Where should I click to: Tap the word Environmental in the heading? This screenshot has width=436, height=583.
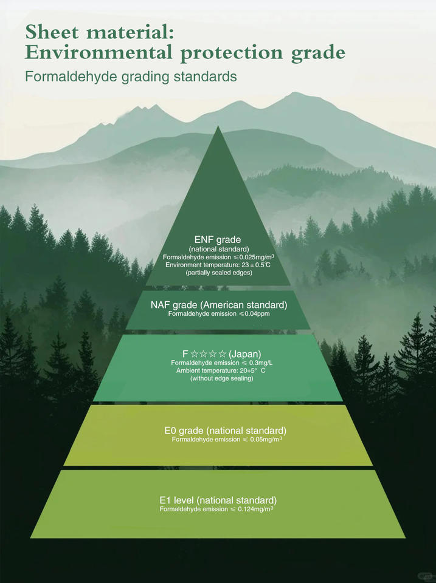click(x=99, y=52)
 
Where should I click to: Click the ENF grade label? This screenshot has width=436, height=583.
click(x=218, y=239)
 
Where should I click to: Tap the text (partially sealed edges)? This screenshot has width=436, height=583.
click(x=219, y=273)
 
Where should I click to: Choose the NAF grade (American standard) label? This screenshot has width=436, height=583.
click(x=219, y=305)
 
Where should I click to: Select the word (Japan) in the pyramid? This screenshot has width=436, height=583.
click(x=245, y=353)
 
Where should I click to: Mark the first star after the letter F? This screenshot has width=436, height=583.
click(x=195, y=353)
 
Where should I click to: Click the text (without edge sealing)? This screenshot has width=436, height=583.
click(x=221, y=378)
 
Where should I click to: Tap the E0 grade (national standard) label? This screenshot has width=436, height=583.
click(x=225, y=431)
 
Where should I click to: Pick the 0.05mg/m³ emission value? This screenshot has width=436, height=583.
click(x=266, y=439)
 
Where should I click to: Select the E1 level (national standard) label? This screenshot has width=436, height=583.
click(x=218, y=500)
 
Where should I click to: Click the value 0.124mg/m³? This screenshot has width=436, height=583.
click(x=255, y=509)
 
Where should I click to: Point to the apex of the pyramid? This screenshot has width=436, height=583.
click(x=218, y=126)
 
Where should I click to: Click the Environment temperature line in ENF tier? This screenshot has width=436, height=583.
click(x=218, y=265)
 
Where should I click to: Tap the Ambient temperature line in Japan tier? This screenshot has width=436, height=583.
click(x=221, y=370)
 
